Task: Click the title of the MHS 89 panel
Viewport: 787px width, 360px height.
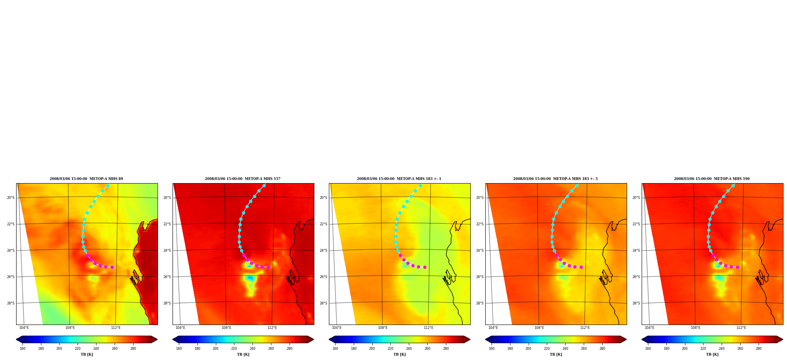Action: tap(86, 179)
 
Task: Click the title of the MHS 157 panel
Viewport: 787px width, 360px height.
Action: tap(243, 179)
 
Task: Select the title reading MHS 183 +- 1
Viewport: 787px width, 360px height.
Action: tap(399, 179)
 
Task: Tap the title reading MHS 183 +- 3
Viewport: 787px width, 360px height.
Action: tap(555, 179)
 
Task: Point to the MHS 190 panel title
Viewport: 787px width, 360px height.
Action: tap(712, 179)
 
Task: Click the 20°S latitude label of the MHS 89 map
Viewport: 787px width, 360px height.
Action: tap(11, 198)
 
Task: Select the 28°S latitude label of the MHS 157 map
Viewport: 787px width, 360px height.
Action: tap(167, 303)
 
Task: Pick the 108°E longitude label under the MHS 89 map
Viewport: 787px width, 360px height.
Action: tap(70, 328)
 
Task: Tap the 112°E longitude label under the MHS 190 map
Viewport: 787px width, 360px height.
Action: tap(741, 328)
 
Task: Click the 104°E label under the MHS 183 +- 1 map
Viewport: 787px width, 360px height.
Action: tap(337, 328)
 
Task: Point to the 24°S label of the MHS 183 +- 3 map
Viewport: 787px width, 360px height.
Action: tap(480, 251)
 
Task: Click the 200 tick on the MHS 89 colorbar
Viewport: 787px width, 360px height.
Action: tap(59, 348)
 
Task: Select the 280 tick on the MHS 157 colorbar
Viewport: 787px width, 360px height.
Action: tap(290, 348)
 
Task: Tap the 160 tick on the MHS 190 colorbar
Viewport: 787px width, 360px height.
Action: tap(648, 348)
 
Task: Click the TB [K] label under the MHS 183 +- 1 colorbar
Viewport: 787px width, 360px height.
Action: tap(399, 354)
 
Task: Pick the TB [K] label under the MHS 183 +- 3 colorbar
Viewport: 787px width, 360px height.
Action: tap(556, 354)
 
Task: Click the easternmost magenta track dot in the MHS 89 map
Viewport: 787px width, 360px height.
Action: tap(112, 267)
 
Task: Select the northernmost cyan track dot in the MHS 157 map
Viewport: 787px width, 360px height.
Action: tap(264, 186)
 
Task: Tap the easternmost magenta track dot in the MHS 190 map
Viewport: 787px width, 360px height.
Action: tap(737, 267)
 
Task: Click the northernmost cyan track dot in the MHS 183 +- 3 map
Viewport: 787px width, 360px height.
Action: tap(577, 186)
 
